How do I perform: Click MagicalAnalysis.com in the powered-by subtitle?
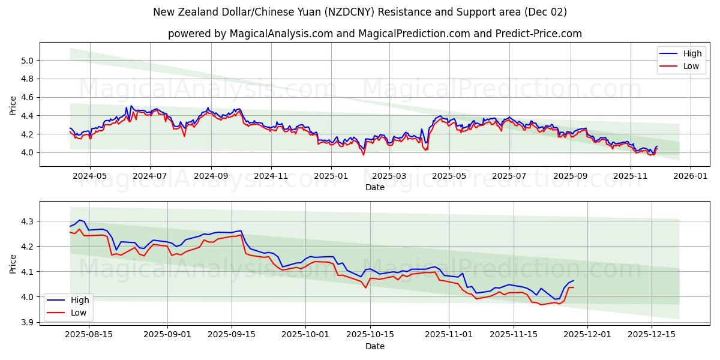tap(281, 34)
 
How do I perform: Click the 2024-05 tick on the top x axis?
tap(90, 176)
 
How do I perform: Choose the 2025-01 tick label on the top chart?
tap(330, 176)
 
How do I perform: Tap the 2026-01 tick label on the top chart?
tap(690, 176)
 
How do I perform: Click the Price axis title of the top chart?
tap(13, 104)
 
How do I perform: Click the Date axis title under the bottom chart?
tap(375, 346)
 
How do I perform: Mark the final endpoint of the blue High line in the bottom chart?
tap(574, 281)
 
